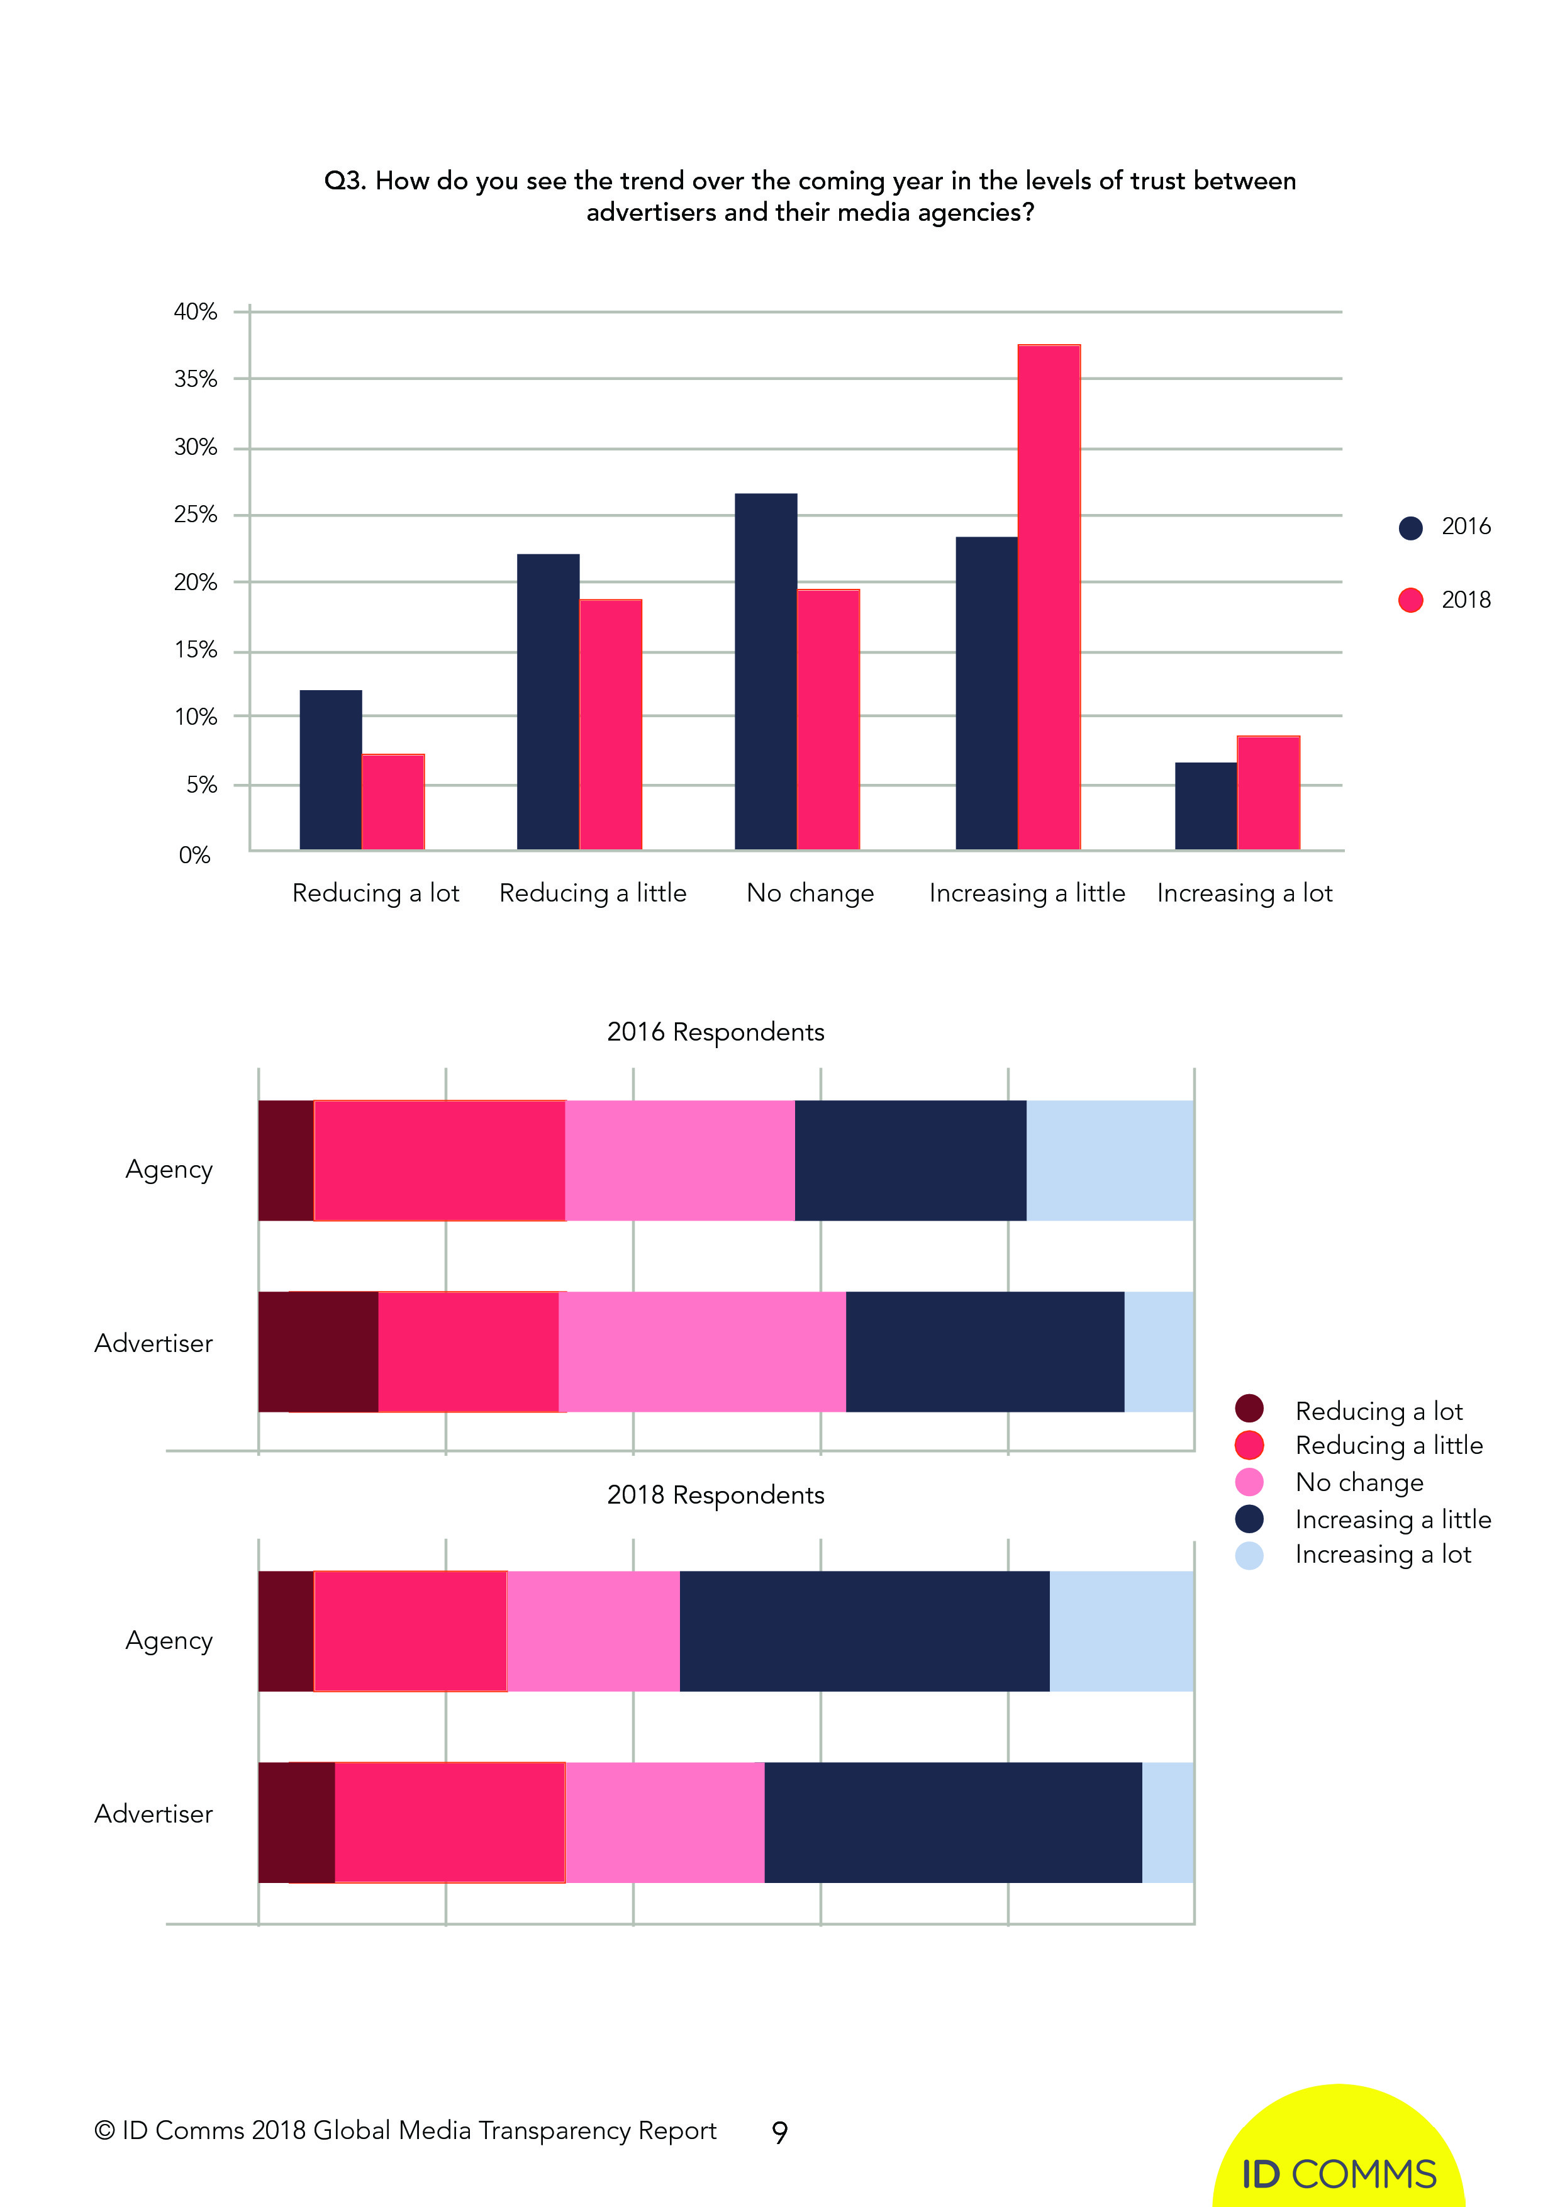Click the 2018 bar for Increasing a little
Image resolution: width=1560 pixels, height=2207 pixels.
pos(1049,596)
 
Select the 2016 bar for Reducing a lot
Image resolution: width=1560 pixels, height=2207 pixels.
pos(331,769)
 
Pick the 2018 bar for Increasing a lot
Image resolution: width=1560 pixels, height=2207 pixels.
pos(1267,792)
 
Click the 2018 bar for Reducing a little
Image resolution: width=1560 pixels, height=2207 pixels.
pos(610,724)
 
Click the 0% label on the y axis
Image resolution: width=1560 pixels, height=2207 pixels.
pos(194,854)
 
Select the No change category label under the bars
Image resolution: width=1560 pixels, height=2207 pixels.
pos(810,893)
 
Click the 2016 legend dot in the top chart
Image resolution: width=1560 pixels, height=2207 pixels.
pos(1410,528)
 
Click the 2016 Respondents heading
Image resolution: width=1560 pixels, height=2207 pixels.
pos(715,1031)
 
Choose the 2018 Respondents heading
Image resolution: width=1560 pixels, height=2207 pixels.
pos(715,1495)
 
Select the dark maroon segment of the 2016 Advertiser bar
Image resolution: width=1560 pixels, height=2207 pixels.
pos(318,1351)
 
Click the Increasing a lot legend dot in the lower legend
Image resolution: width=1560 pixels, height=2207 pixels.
pos(1249,1555)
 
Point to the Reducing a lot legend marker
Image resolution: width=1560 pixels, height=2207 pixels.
pos(1249,1409)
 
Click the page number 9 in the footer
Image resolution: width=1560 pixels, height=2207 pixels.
pos(779,2132)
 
